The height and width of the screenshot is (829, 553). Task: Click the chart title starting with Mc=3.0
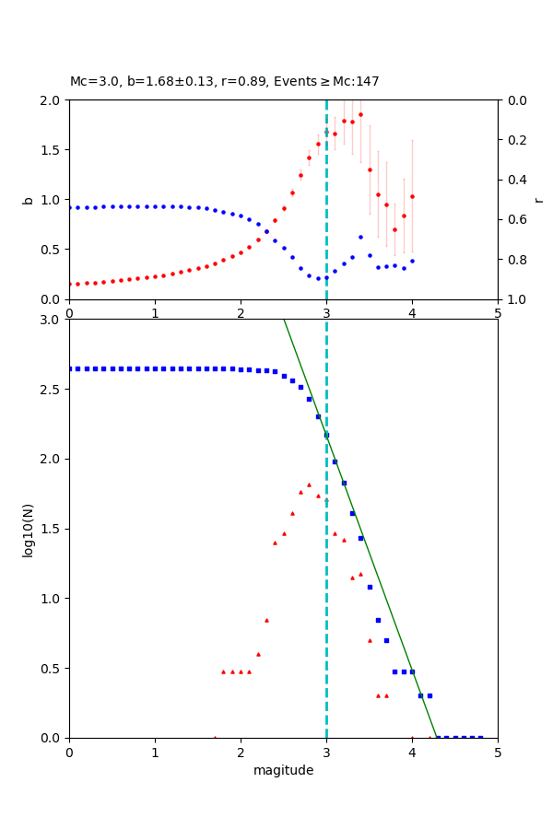tap(224, 82)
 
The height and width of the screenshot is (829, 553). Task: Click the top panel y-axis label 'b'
tap(28, 200)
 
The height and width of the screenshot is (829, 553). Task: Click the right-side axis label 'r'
tap(538, 200)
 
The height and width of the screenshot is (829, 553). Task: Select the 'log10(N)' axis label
tap(28, 529)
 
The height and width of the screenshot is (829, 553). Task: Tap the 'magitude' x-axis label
tap(283, 770)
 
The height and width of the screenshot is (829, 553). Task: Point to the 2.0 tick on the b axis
tap(53, 100)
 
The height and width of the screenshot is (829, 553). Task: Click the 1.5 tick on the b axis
tap(53, 150)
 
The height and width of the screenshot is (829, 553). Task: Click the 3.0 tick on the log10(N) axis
tap(53, 320)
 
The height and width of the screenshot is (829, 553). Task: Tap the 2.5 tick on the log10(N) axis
tap(53, 390)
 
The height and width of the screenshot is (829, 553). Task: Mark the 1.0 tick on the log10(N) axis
tap(53, 599)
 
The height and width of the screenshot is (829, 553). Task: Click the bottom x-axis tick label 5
tap(498, 752)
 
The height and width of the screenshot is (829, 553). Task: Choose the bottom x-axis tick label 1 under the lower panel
tap(155, 752)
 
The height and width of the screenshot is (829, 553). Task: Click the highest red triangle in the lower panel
tap(309, 485)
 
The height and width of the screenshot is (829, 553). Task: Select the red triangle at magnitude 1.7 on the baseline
tap(215, 737)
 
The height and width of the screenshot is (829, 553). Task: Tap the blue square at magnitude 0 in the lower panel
tap(69, 368)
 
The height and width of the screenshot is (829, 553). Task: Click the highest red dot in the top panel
tap(360, 115)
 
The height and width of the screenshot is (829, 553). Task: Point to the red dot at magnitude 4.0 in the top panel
tap(412, 196)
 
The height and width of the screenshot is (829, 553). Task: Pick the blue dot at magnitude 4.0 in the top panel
tap(412, 261)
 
